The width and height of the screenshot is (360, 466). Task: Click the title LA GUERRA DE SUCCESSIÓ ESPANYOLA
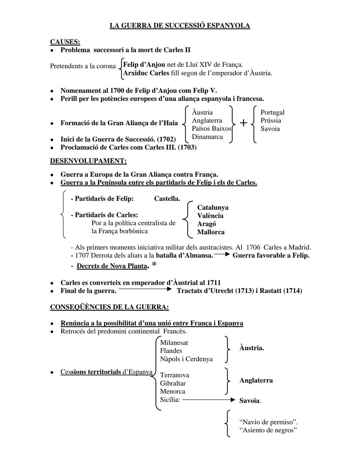click(x=180, y=26)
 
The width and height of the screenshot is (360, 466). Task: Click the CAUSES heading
click(x=65, y=42)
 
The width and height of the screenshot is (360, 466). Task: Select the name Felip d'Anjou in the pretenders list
click(x=144, y=64)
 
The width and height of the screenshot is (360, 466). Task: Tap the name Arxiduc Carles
click(x=146, y=73)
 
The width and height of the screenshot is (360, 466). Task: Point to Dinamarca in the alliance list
click(x=207, y=137)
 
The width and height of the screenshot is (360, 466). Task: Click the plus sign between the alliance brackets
click(x=244, y=123)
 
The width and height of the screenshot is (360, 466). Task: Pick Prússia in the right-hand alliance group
click(x=271, y=120)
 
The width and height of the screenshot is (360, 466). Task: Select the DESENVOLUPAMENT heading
click(x=88, y=161)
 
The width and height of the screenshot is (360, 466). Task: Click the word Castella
click(x=167, y=198)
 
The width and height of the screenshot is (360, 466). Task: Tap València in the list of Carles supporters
click(x=210, y=215)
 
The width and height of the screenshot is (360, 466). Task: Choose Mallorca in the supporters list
click(x=211, y=232)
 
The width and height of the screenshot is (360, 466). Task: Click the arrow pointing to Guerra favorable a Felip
click(x=222, y=255)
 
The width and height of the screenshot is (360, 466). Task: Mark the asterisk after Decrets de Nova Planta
click(x=154, y=265)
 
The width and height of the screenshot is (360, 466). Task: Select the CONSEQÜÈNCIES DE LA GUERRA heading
click(x=109, y=307)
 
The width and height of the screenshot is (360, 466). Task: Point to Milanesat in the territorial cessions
click(x=174, y=343)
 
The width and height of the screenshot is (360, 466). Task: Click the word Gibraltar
click(x=173, y=383)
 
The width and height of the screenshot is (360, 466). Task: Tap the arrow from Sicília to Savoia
click(x=209, y=400)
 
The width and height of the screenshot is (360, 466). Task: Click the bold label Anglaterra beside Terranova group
click(x=256, y=380)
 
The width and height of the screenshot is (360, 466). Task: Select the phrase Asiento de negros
click(x=268, y=430)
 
